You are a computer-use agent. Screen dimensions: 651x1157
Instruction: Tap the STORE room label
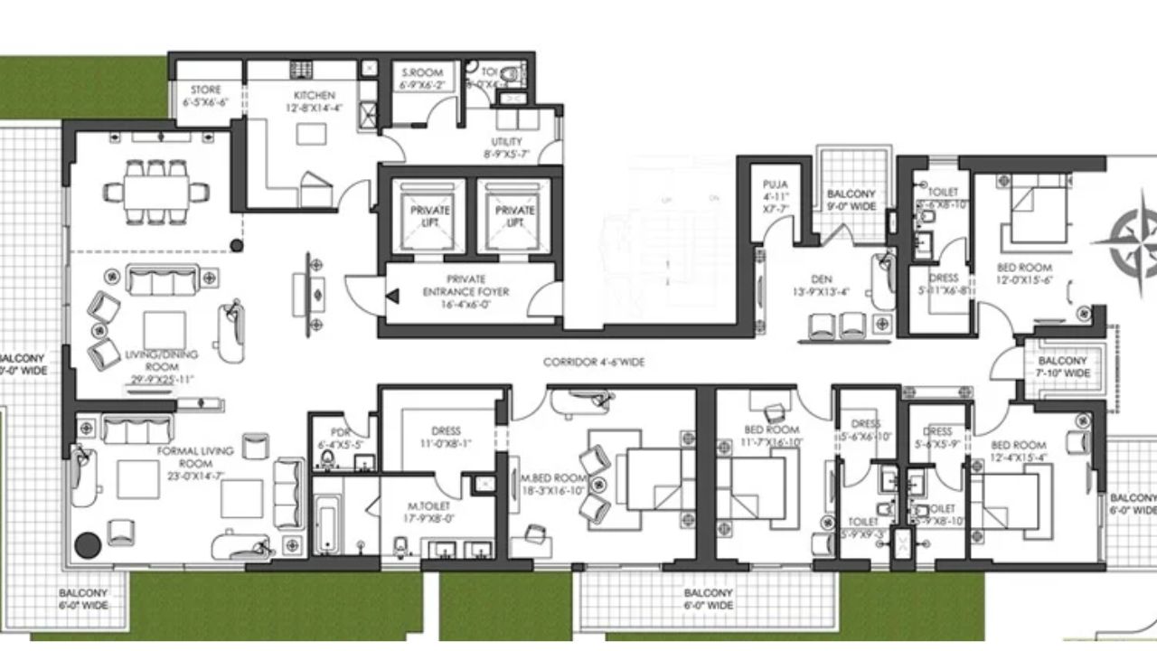pos(205,90)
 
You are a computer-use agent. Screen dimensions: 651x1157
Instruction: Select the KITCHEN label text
pos(315,95)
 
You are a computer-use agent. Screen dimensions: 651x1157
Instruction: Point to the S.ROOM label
pos(422,73)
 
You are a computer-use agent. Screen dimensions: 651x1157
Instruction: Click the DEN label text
pos(821,279)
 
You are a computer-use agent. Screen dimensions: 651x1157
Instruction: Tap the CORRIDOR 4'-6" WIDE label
pos(593,362)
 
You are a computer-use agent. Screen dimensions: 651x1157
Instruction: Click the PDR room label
pos(340,432)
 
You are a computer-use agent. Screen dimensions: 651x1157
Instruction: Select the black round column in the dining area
pos(237,244)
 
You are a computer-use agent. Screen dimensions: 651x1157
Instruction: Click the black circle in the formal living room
pos(88,545)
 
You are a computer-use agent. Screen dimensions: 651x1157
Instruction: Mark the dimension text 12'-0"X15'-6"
pos(1023,280)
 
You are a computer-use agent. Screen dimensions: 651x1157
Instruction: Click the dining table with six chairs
pos(158,191)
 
